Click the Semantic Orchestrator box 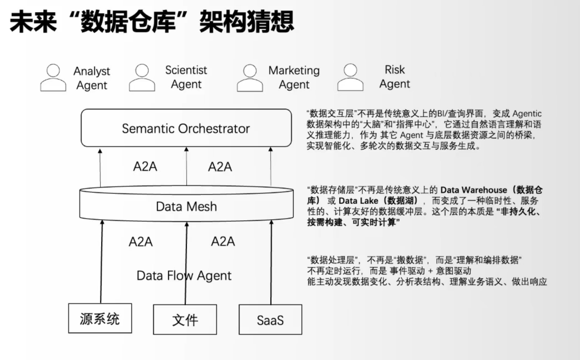click(x=186, y=128)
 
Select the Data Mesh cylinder click(x=186, y=206)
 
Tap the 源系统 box click(x=100, y=318)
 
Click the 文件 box click(x=185, y=320)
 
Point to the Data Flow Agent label click(x=184, y=275)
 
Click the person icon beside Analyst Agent click(x=53, y=78)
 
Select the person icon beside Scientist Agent click(x=142, y=78)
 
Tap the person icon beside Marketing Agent click(x=250, y=78)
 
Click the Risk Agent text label click(x=395, y=77)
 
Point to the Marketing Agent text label click(x=294, y=78)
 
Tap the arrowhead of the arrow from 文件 click(x=187, y=224)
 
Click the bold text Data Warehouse click(x=474, y=190)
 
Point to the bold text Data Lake click(x=359, y=201)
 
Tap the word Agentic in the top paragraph click(x=527, y=114)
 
